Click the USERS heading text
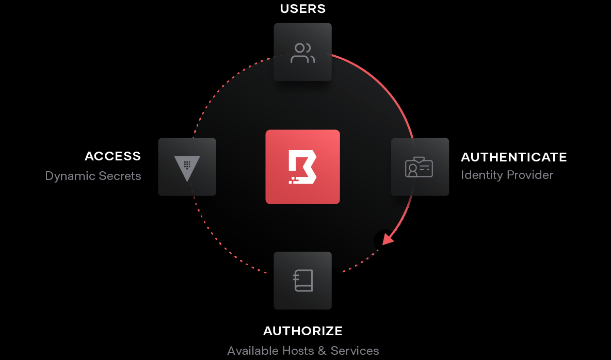point(303,9)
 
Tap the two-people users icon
point(303,53)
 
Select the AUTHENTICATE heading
point(513,157)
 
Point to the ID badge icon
point(419,167)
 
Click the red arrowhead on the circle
point(388,238)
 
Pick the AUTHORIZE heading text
point(303,331)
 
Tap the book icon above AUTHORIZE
point(303,281)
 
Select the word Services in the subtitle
point(355,351)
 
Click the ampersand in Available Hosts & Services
point(322,351)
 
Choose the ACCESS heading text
point(112,156)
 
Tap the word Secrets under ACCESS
point(121,176)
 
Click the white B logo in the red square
point(302,167)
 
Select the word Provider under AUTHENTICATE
point(529,175)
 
